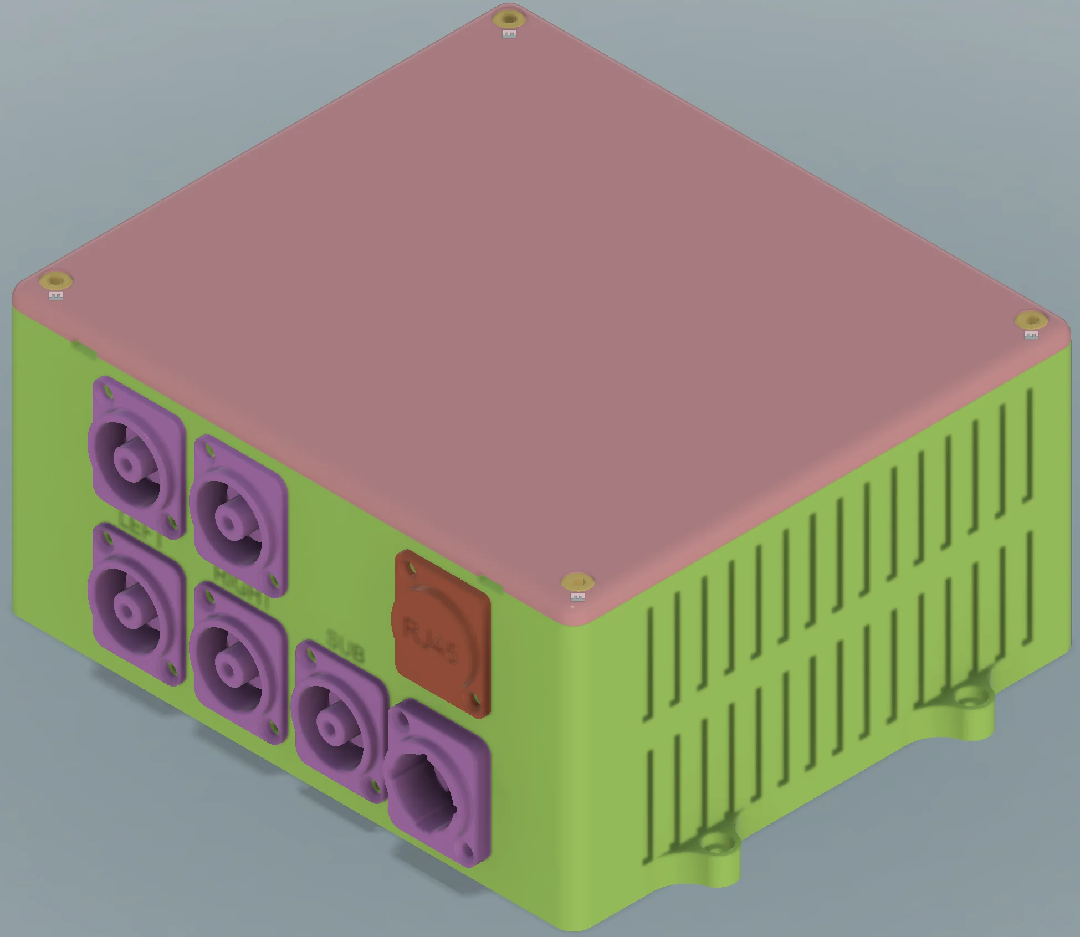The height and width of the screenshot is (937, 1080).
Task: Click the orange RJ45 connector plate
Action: point(442,634)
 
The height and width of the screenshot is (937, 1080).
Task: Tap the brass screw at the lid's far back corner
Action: point(509,19)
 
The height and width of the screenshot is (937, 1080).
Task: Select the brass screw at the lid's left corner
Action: point(55,281)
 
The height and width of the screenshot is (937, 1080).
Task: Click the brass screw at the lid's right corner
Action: point(1030,321)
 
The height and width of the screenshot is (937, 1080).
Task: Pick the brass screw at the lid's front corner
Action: point(577,582)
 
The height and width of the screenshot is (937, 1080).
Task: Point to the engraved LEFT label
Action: point(141,530)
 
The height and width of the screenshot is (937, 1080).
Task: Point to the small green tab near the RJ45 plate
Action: point(491,583)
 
